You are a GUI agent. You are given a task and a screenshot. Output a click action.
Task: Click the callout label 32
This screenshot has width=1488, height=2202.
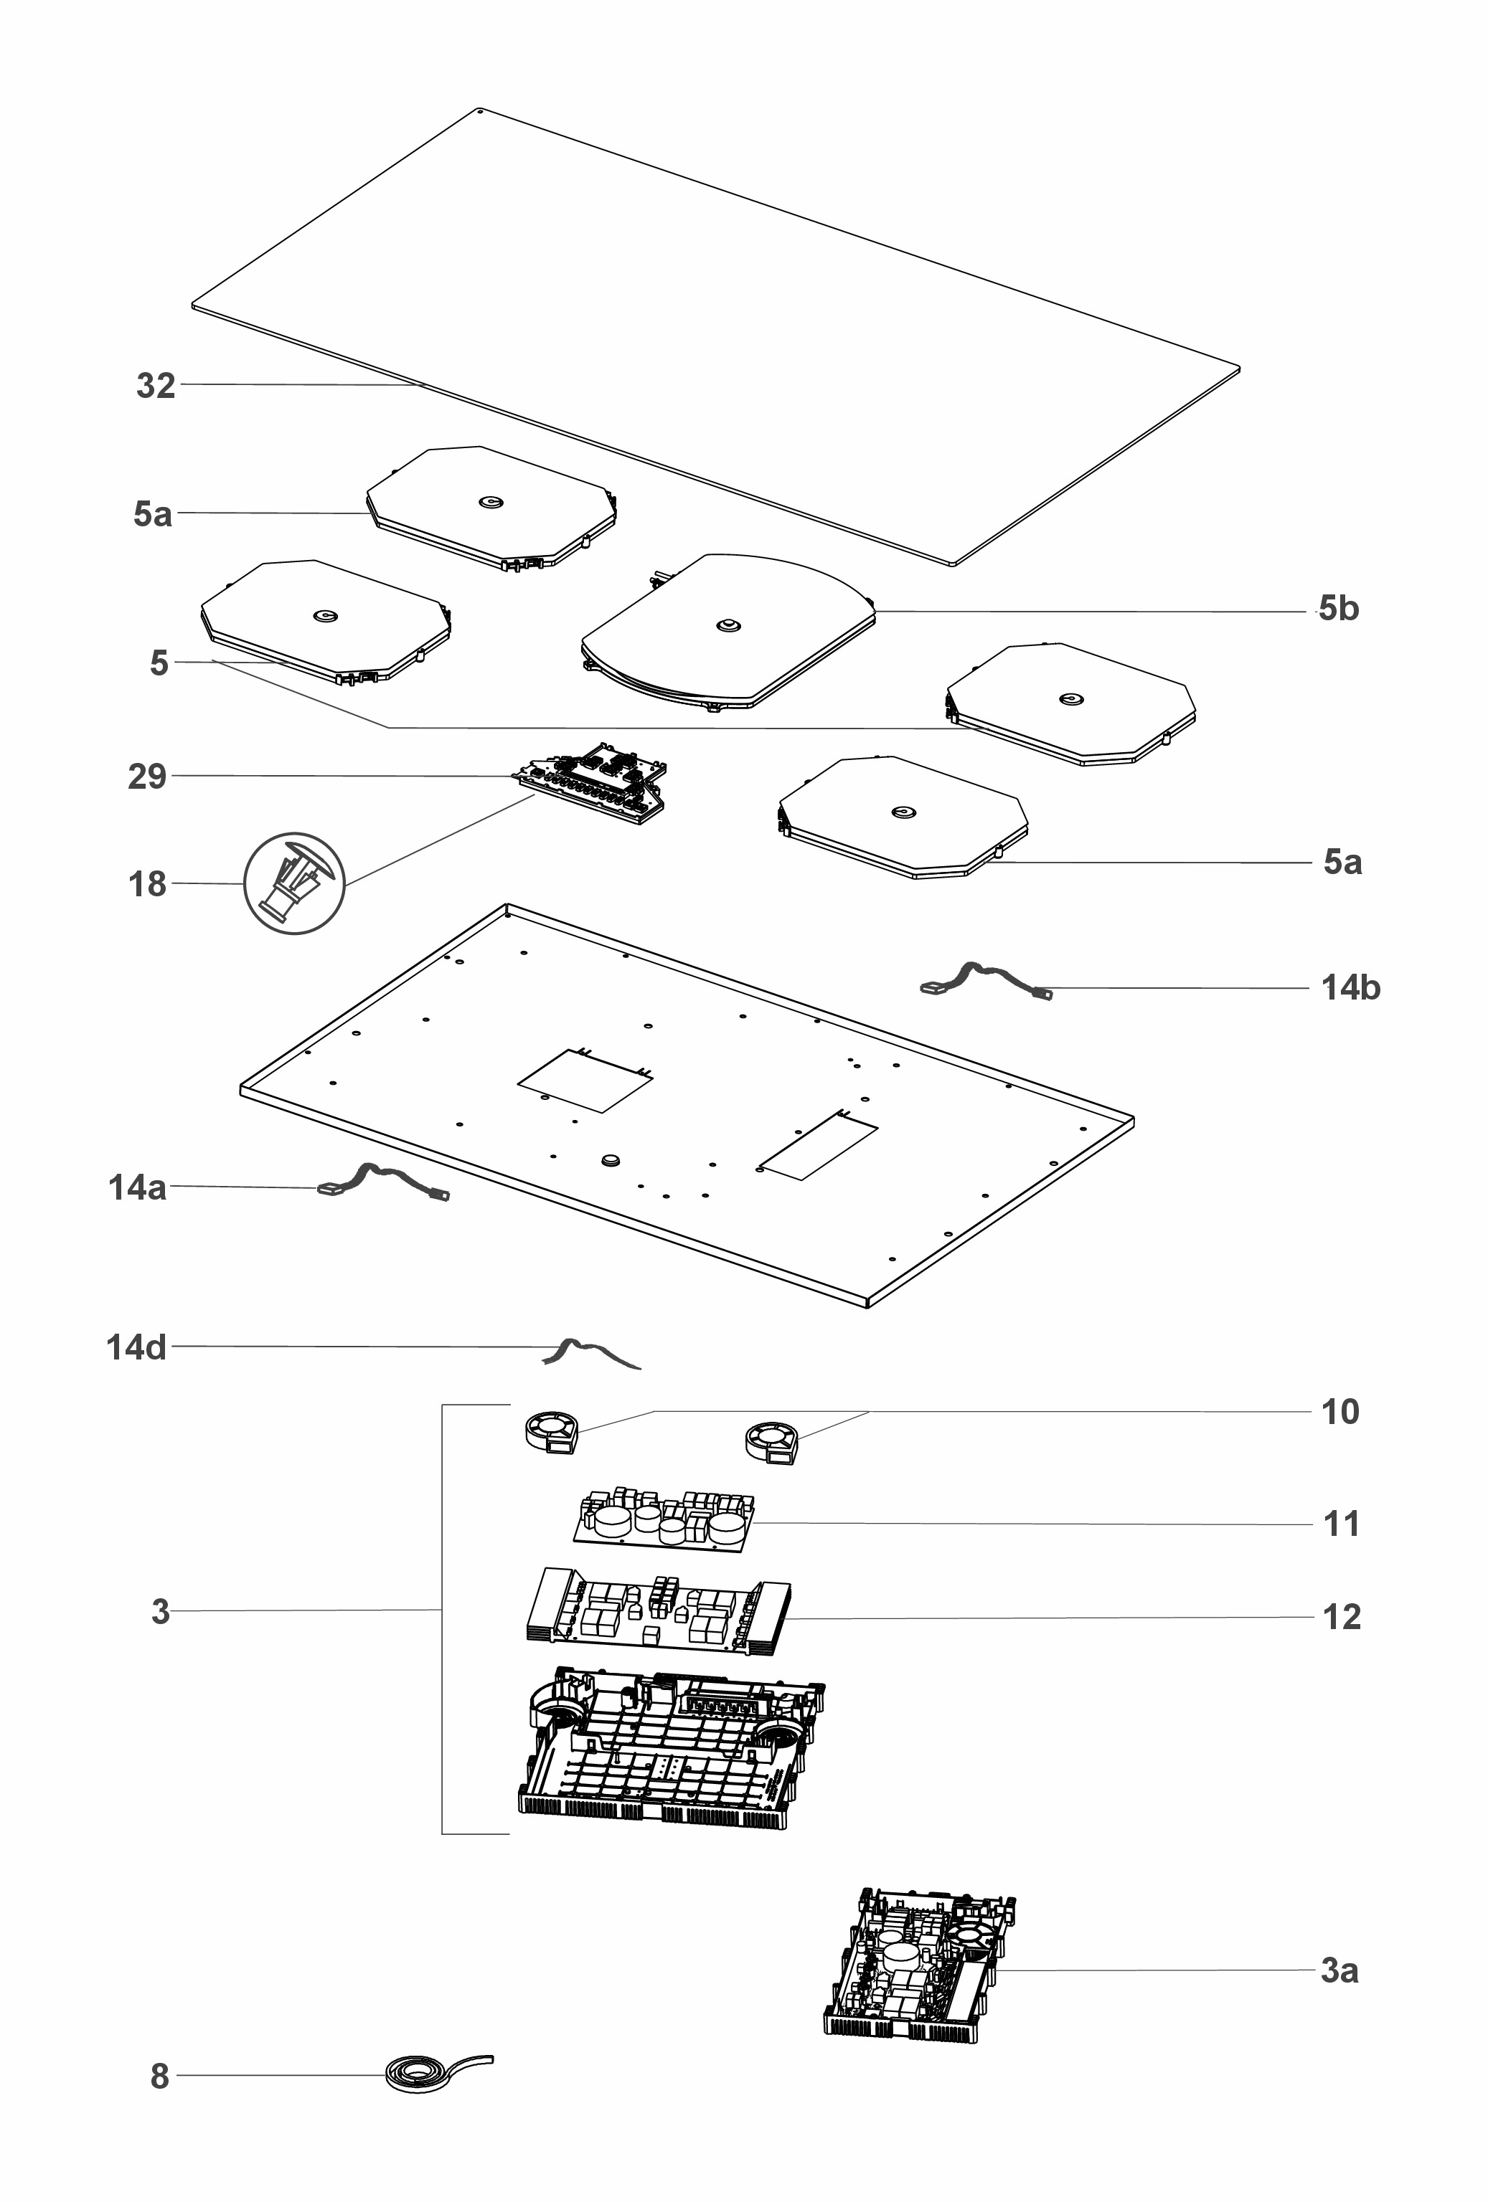coord(156,386)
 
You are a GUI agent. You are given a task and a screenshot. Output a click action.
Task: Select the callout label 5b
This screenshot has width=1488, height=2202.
coord(1338,608)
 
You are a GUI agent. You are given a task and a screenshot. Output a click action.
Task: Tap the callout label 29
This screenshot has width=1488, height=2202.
coord(147,777)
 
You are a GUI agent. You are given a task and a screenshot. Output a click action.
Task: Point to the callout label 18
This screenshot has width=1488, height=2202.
coord(147,884)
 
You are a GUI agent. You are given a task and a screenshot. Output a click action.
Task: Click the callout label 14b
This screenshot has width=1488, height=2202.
coord(1350,987)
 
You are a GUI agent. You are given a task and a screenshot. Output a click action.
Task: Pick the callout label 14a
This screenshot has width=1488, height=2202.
coord(138,1187)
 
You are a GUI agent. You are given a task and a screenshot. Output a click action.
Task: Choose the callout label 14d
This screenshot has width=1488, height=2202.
coord(136,1347)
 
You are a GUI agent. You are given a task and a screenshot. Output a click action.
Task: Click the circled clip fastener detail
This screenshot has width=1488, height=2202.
coord(295,884)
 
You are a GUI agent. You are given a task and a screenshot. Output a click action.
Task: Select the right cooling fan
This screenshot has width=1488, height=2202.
coord(771,1443)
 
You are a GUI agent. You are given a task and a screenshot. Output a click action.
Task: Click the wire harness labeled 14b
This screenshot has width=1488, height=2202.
coord(986,981)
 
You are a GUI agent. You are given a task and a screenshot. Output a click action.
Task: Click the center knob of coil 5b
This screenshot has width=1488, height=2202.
coord(728,625)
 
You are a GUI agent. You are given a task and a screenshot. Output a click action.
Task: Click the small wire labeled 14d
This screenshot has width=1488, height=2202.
coord(590,1353)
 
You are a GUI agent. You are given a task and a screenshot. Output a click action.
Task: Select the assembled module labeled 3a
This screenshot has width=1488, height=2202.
coord(919,1966)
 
